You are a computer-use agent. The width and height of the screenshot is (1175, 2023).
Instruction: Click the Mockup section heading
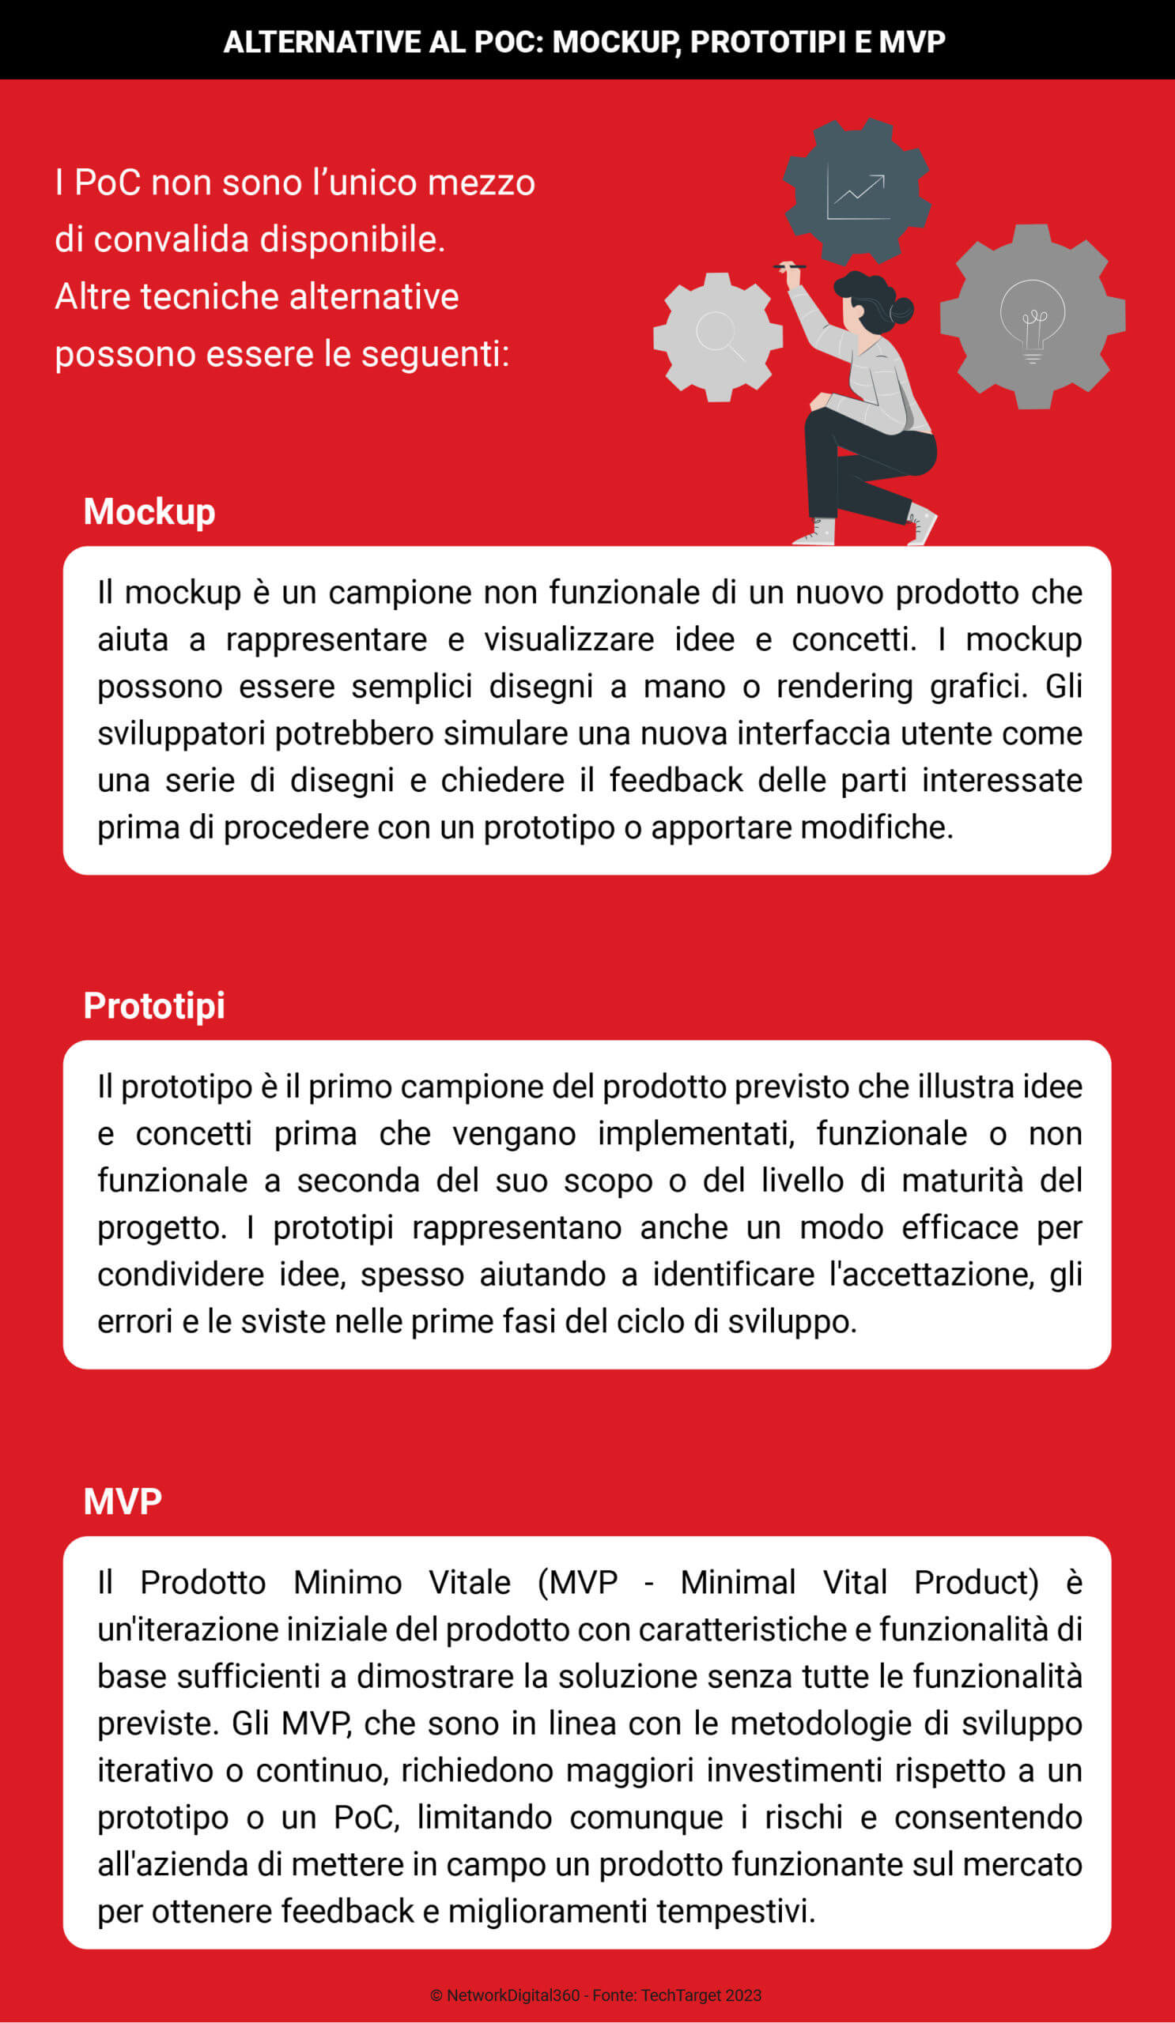[149, 512]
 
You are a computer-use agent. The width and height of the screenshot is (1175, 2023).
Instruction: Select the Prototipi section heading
[154, 1006]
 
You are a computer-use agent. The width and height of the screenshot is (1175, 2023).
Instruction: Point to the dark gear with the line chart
[857, 192]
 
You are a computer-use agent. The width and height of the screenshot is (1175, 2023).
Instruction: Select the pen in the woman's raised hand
[789, 266]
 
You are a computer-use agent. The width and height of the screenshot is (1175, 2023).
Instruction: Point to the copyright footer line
[595, 1995]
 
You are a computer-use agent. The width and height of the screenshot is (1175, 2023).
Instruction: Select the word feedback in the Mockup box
[675, 780]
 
